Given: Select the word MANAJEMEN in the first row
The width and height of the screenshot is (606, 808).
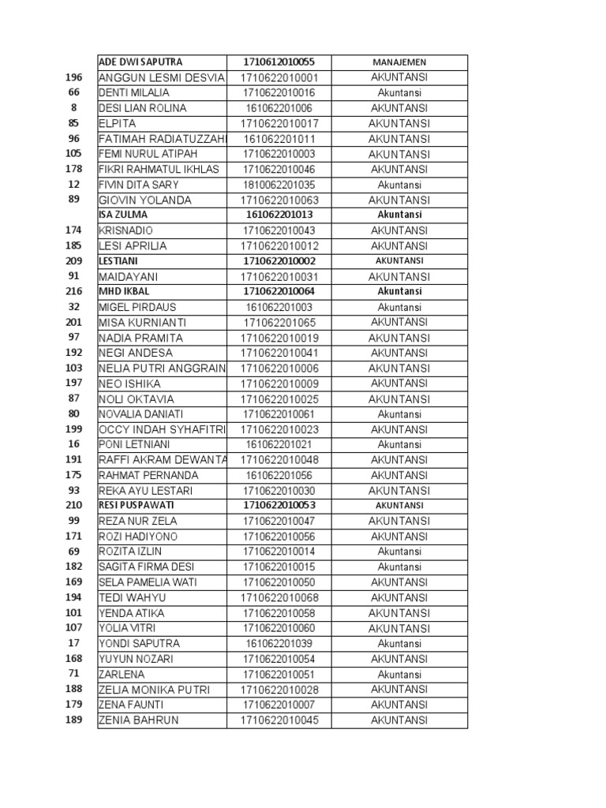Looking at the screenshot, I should pyautogui.click(x=398, y=62).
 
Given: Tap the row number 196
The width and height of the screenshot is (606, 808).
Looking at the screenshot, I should pyautogui.click(x=73, y=77).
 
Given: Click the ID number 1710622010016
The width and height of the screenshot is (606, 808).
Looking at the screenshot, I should pyautogui.click(x=279, y=92).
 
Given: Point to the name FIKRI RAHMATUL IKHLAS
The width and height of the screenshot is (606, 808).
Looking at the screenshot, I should pyautogui.click(x=159, y=169).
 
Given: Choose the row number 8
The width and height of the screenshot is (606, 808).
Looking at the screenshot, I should pyautogui.click(x=73, y=108).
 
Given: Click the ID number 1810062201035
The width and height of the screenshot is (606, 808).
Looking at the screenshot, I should pyautogui.click(x=279, y=185).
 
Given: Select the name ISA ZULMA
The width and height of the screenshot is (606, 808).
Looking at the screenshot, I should pyautogui.click(x=123, y=215).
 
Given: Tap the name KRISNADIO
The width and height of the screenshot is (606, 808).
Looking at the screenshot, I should pyautogui.click(x=127, y=230).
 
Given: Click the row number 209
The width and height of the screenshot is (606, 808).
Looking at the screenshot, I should pyautogui.click(x=73, y=260).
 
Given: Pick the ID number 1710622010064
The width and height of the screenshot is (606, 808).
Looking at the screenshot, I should pyautogui.click(x=279, y=291).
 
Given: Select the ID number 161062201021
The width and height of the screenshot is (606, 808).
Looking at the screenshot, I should pyautogui.click(x=279, y=445).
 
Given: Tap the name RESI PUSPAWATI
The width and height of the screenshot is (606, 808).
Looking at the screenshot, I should pyautogui.click(x=137, y=506).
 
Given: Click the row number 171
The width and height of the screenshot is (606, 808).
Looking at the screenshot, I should pyautogui.click(x=73, y=537).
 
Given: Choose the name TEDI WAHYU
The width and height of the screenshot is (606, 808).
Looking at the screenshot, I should pyautogui.click(x=132, y=597).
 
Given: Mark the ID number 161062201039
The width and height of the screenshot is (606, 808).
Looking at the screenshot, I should pyautogui.click(x=279, y=644).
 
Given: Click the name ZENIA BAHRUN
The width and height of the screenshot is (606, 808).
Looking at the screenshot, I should pyautogui.click(x=138, y=720).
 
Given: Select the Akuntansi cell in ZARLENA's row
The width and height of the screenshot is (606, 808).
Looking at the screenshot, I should pyautogui.click(x=398, y=674).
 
